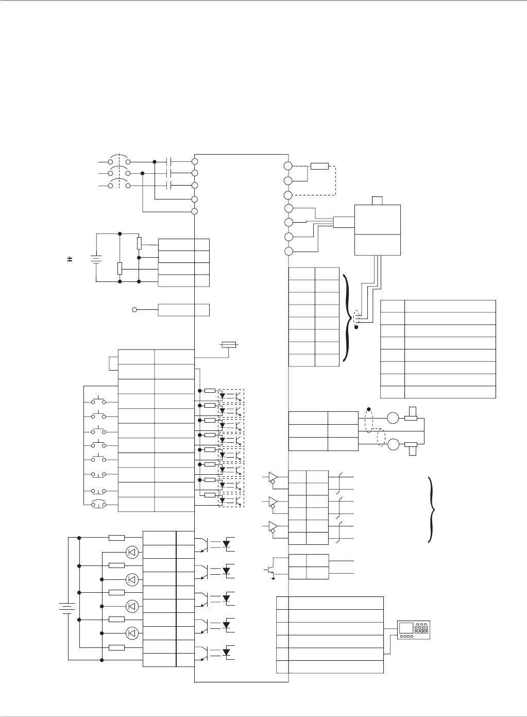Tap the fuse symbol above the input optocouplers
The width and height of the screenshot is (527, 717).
[x=228, y=344]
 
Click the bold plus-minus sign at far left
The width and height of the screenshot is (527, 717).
[x=70, y=258]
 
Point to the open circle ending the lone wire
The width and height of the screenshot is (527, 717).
[x=135, y=310]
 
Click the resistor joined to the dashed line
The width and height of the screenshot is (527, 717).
[x=319, y=166]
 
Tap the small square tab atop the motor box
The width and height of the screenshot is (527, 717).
[x=378, y=200]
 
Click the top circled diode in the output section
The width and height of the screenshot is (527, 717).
[x=132, y=552]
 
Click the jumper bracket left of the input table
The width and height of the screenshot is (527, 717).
[x=113, y=363]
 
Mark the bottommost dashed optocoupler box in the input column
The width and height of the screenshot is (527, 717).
[x=231, y=499]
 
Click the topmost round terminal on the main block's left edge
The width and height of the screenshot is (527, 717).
[x=195, y=162]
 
